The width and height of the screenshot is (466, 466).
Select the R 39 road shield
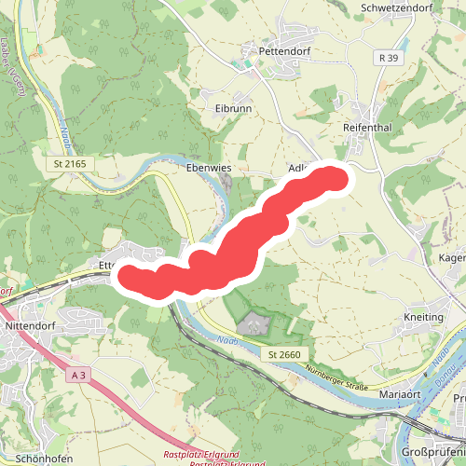click(x=390, y=58)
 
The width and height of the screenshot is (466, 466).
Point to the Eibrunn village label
click(x=234, y=108)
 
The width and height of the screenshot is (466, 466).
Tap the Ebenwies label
click(x=209, y=168)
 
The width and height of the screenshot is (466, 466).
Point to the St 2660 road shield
click(x=284, y=355)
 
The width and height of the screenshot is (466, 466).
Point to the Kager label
click(x=452, y=257)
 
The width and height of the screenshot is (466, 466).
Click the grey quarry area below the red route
click(x=254, y=325)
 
